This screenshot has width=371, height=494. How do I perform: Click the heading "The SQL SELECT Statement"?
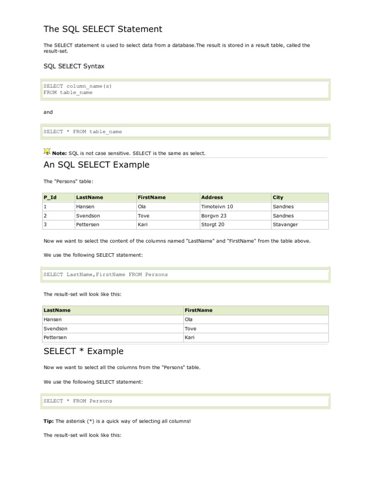click(x=102, y=29)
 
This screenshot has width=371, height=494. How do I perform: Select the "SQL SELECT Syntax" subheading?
click(x=74, y=66)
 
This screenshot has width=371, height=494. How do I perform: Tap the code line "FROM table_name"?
click(x=68, y=93)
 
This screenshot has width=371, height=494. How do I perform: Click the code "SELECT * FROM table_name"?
click(x=83, y=131)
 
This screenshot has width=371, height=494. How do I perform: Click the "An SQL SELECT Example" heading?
click(x=96, y=165)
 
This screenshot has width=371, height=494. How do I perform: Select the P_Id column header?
click(x=50, y=197)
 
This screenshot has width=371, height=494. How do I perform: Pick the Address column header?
click(x=212, y=197)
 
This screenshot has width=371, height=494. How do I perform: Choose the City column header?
click(x=278, y=197)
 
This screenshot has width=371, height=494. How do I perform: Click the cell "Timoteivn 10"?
click(x=217, y=206)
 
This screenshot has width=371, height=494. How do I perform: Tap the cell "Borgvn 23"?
click(x=214, y=216)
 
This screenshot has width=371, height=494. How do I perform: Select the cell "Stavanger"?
click(x=285, y=225)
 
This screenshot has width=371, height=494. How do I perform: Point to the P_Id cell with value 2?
click(x=45, y=216)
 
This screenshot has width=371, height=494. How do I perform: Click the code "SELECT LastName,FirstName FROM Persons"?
click(x=106, y=274)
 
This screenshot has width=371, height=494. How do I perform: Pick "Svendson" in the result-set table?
click(x=56, y=329)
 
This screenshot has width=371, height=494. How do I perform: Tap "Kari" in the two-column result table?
click(x=189, y=338)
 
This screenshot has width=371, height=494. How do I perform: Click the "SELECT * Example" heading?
click(x=83, y=351)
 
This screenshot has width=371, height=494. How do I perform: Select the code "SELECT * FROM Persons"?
click(x=78, y=401)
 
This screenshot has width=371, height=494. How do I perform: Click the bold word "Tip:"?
click(x=49, y=421)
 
